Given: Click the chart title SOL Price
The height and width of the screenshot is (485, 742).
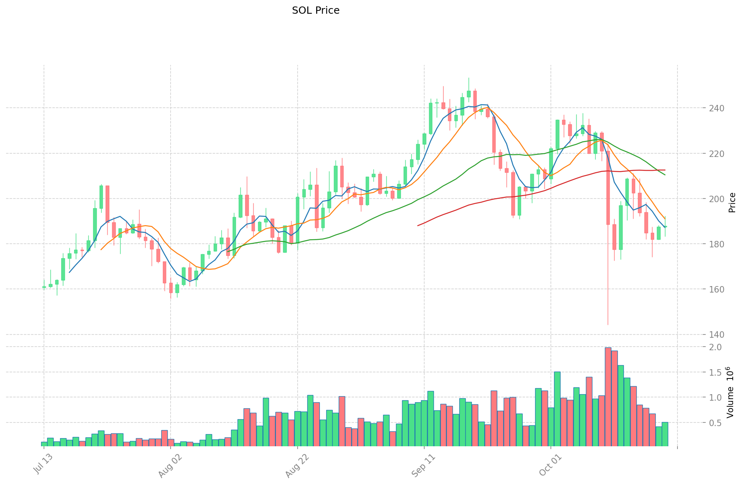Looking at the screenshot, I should pos(315,10).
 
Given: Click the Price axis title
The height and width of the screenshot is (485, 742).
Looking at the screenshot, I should pos(732,203).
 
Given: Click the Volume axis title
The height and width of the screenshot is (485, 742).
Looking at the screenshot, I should pos(732,392).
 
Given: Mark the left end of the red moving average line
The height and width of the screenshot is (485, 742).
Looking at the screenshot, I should pos(418,225).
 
